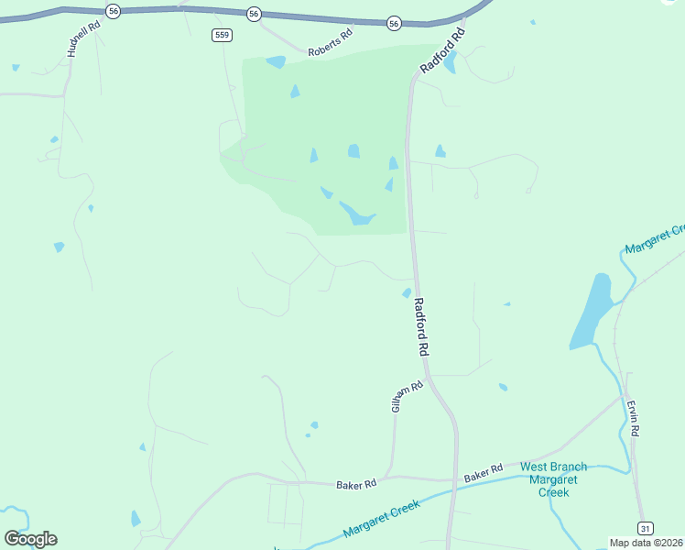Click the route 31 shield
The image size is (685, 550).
[647, 528]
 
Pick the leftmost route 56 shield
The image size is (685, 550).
[113, 10]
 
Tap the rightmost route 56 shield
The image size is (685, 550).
[394, 22]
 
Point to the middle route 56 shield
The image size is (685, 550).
[254, 13]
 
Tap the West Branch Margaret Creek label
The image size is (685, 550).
[553, 479]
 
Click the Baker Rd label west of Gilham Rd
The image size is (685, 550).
[356, 484]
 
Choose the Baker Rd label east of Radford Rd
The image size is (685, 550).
[484, 474]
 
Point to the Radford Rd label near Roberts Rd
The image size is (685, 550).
[443, 51]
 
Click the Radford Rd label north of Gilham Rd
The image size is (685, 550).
[421, 327]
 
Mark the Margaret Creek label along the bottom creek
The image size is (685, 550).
[381, 519]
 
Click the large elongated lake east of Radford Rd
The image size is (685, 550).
[592, 311]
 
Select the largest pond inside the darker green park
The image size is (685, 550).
[356, 214]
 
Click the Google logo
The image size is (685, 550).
[30, 538]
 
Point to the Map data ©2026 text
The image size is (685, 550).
[647, 543]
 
